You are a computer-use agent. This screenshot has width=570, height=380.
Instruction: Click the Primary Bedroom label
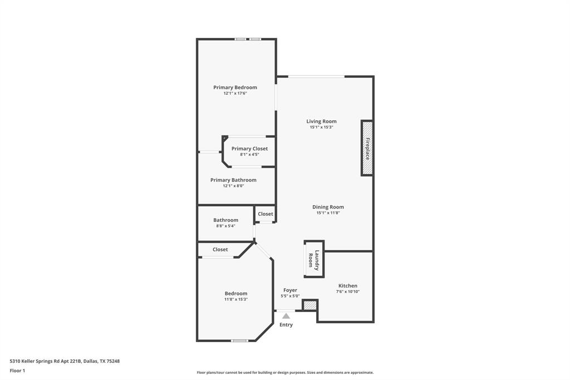click(235, 87)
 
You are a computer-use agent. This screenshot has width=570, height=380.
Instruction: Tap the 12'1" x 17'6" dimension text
click(235, 94)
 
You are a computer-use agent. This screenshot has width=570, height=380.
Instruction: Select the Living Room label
click(321, 121)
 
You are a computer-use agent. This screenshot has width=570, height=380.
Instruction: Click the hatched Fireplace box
click(367, 148)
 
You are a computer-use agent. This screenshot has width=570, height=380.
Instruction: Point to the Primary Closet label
click(249, 149)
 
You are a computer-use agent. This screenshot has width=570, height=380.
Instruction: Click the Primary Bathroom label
click(233, 180)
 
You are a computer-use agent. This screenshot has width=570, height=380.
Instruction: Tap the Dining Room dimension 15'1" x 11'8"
click(328, 213)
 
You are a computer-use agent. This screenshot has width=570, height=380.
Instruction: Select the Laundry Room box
click(314, 260)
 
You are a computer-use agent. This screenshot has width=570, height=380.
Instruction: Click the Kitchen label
click(348, 286)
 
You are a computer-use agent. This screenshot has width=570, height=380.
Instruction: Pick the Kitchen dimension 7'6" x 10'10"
click(348, 291)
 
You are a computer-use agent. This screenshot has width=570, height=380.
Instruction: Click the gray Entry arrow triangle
click(286, 316)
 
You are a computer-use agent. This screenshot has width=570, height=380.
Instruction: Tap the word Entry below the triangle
click(286, 325)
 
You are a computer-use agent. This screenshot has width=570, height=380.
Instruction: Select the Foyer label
click(290, 290)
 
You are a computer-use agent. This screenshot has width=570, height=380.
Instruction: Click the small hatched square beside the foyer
click(309, 305)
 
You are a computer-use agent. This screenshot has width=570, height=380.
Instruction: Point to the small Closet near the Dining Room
click(266, 214)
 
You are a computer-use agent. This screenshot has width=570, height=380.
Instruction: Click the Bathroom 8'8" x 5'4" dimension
click(225, 226)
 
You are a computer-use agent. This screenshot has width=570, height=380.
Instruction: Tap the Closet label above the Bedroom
click(220, 250)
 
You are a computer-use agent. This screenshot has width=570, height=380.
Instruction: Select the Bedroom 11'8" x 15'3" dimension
click(236, 300)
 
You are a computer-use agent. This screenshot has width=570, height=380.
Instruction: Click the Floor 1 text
click(17, 371)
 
